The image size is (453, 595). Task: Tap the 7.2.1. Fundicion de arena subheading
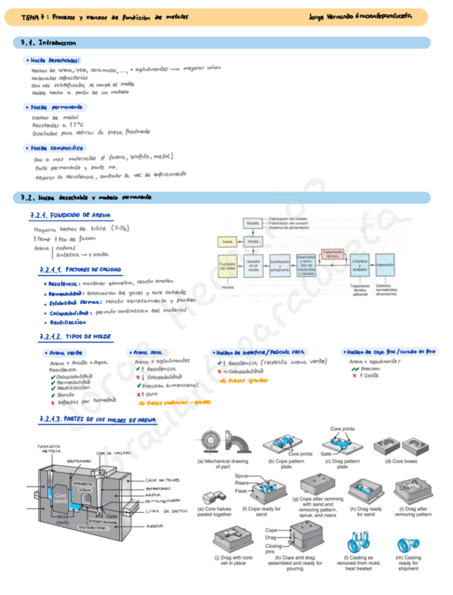point(70,215)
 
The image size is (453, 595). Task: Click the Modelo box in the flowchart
point(252,222)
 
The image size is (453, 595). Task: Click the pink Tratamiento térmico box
point(332,254)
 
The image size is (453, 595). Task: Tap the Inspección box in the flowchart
point(385,265)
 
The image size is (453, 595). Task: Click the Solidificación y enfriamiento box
point(279,265)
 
